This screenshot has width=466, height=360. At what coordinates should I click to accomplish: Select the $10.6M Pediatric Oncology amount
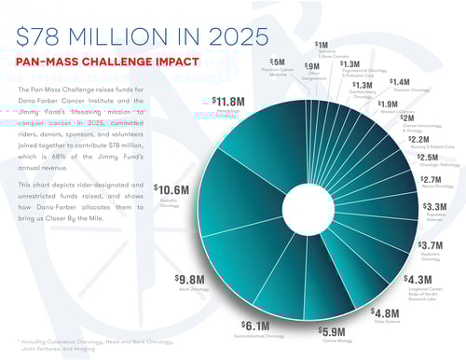171,190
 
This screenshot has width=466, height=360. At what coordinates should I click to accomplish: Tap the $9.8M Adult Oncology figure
192,279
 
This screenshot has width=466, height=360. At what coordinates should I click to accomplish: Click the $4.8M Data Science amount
385,312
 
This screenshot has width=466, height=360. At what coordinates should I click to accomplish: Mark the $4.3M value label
418,280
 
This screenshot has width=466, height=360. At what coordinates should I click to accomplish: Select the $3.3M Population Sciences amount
434,206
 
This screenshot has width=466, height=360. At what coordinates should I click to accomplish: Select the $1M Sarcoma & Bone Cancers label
322,44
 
